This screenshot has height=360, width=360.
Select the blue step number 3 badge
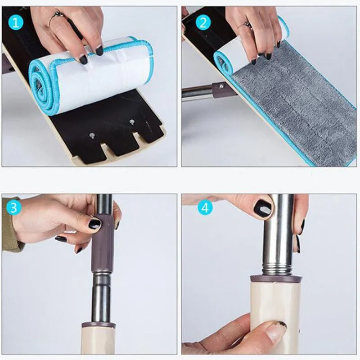(13, 208)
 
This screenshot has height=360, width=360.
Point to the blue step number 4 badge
(205, 208)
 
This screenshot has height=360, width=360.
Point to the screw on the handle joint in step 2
(221, 84)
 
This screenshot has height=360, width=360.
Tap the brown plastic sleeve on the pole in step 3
(103, 243)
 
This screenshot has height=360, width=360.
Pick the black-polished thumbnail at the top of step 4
(262, 208)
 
